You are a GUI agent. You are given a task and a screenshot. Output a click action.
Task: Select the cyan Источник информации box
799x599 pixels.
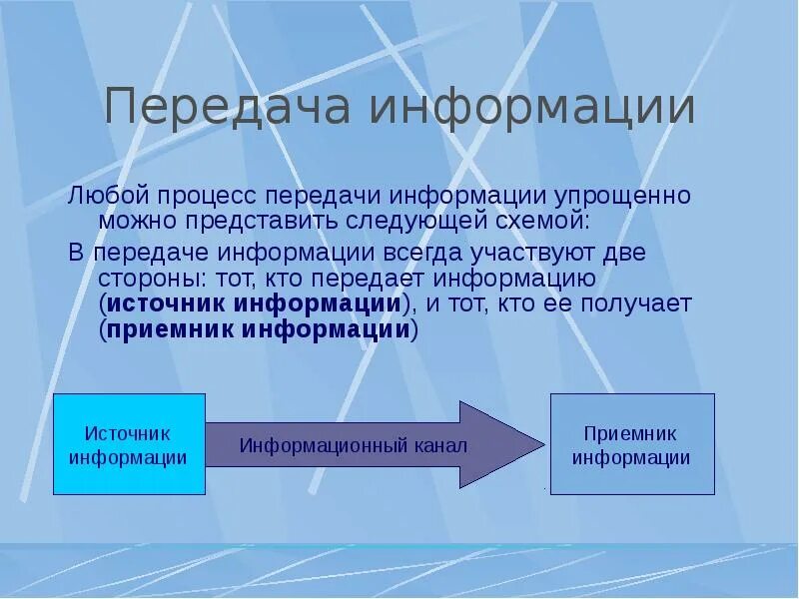point(129,444)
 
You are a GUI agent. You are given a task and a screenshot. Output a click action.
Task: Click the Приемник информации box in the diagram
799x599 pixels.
point(632,444)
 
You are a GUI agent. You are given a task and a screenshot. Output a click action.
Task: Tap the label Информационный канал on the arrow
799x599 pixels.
point(354,445)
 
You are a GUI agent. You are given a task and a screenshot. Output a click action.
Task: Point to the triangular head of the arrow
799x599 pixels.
point(499,444)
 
